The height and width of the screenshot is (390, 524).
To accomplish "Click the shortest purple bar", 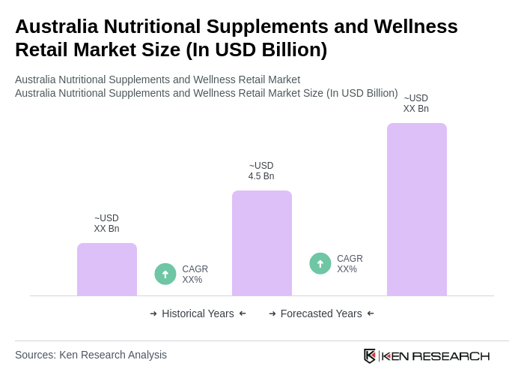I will (x=107, y=269).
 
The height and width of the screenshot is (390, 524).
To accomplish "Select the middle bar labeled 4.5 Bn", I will (x=262, y=243).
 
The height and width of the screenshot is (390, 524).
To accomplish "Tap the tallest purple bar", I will (x=417, y=209).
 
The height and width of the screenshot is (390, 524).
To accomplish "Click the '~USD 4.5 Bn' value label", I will (x=261, y=171).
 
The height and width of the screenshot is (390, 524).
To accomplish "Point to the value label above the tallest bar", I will (x=416, y=103).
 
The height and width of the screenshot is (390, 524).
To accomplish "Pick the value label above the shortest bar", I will (x=106, y=223).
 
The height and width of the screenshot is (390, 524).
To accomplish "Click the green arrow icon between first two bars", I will (x=165, y=274).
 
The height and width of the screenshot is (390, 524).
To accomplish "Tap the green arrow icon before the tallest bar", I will (x=320, y=263).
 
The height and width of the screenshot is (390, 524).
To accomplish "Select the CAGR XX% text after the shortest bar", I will (x=195, y=274).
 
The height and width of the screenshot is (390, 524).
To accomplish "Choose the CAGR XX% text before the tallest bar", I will (x=350, y=264).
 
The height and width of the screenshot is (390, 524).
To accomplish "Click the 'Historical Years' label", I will (x=198, y=313).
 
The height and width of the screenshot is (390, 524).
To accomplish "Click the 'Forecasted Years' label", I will (x=321, y=313).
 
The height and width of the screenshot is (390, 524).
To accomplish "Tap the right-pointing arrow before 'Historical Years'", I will (x=153, y=313).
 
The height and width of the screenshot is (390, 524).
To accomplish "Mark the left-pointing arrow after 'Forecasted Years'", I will (x=371, y=313).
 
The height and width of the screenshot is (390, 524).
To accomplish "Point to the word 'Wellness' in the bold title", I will (x=416, y=26).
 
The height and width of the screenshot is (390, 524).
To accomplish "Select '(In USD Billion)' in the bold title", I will (x=257, y=49).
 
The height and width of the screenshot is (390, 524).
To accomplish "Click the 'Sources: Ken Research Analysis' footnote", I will (x=91, y=355).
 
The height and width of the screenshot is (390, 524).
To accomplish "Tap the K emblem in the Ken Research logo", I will (x=370, y=355).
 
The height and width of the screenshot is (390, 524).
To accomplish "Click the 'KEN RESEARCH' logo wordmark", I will (x=436, y=355).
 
